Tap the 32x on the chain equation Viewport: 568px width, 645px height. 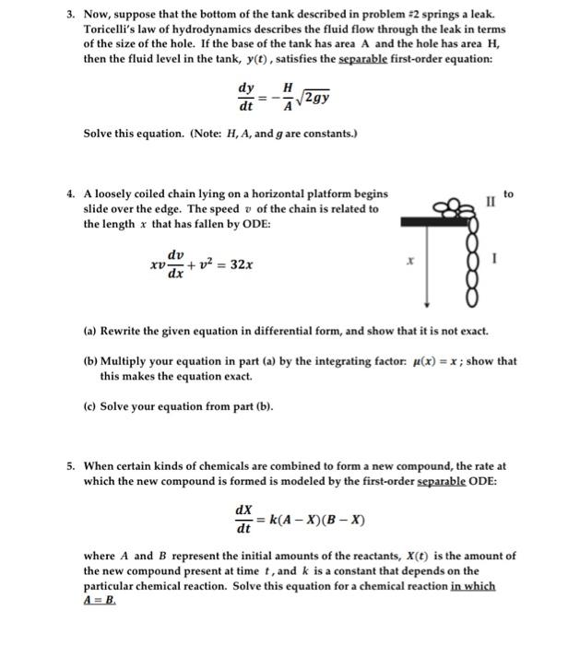pyautogui.click(x=243, y=264)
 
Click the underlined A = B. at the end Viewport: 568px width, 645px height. pyautogui.click(x=101, y=598)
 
